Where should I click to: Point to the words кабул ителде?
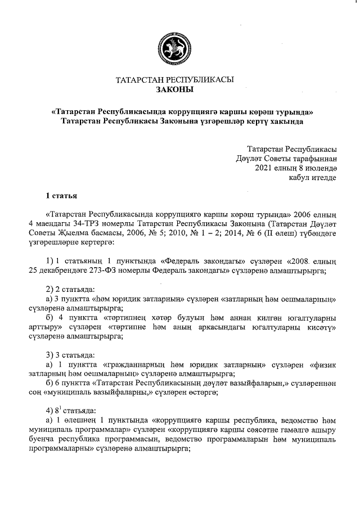(312, 177)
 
